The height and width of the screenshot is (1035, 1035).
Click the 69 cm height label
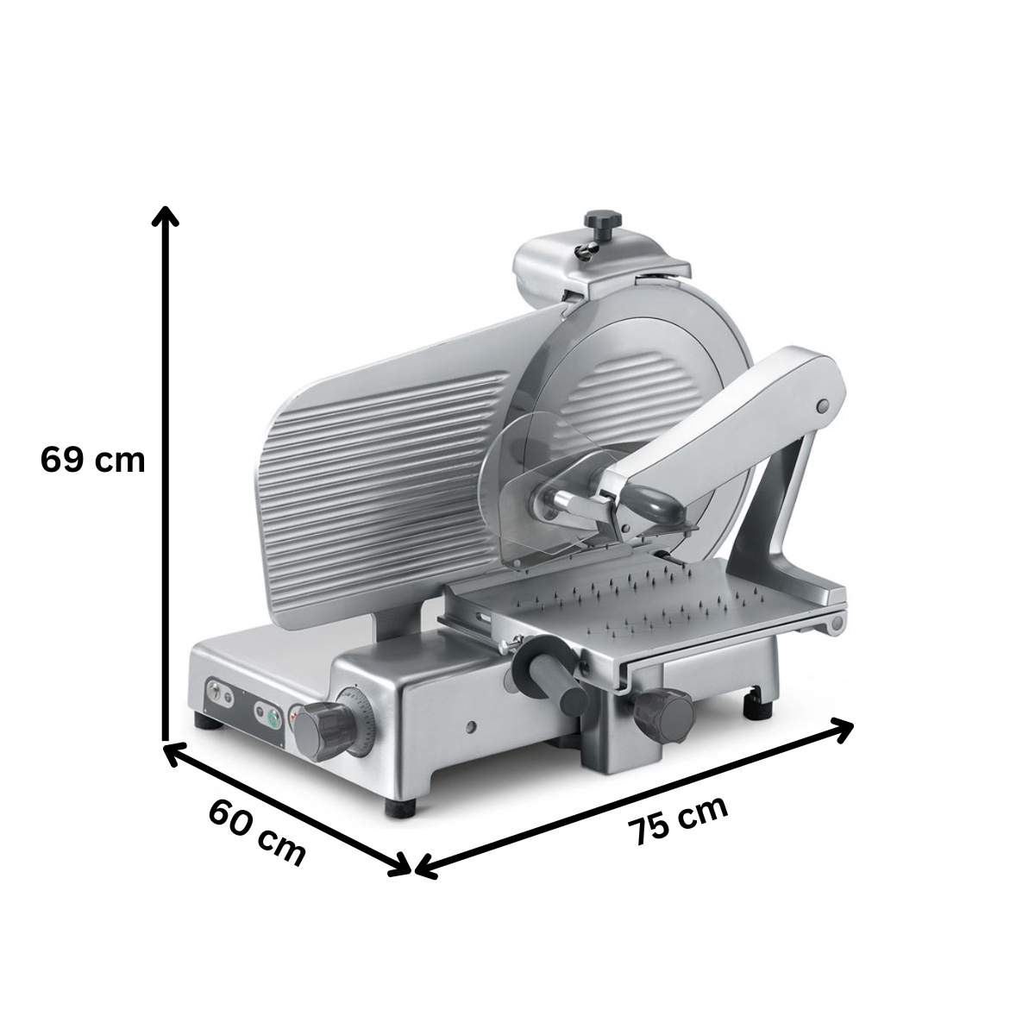tap(92, 460)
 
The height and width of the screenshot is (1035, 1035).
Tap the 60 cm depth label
tap(257, 831)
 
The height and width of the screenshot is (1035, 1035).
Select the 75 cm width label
tap(678, 820)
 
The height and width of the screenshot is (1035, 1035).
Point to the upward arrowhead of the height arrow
tap(164, 215)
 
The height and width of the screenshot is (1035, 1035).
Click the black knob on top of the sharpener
tap(603, 220)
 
